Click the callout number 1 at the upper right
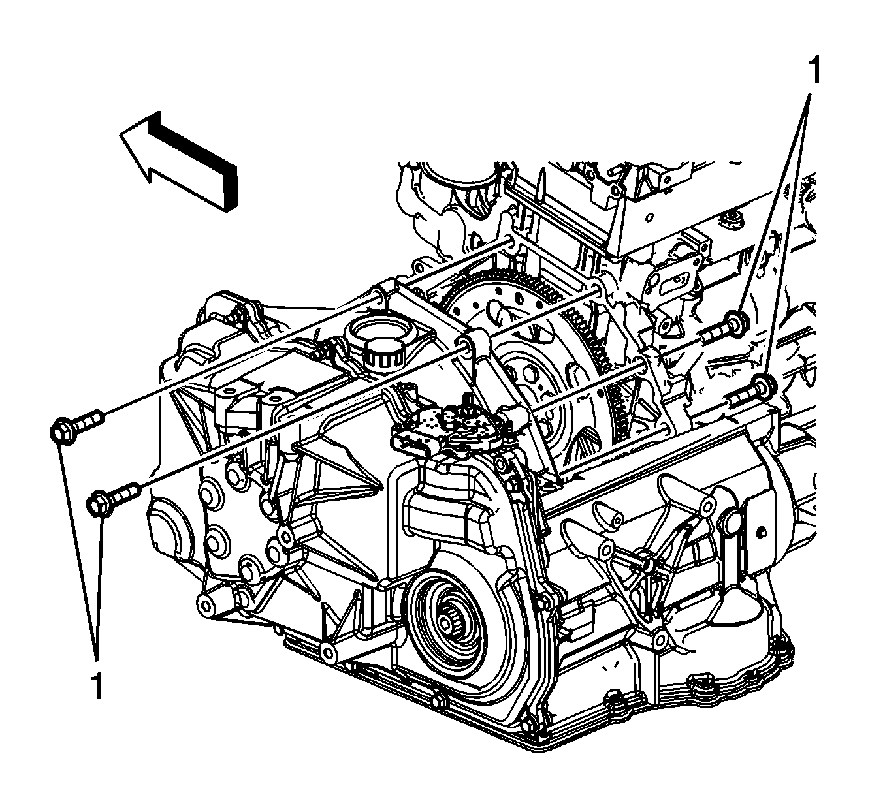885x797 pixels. click(813, 70)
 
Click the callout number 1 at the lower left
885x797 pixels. click(96, 685)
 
